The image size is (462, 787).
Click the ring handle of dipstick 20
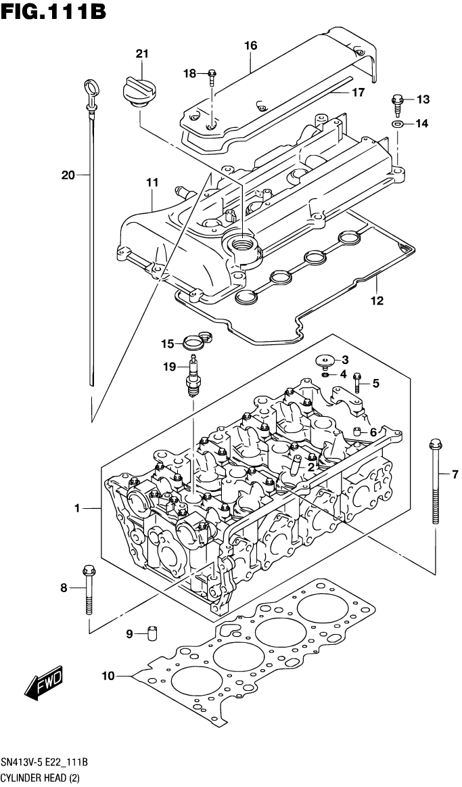pyautogui.click(x=89, y=87)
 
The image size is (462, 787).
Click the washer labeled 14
pyautogui.click(x=398, y=124)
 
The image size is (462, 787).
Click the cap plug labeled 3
pyautogui.click(x=327, y=361)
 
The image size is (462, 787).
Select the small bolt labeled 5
pyautogui.click(x=358, y=384)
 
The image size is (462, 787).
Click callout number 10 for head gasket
pyautogui.click(x=108, y=675)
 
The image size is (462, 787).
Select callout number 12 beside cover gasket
pyautogui.click(x=377, y=300)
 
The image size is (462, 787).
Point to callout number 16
pyautogui.click(x=250, y=46)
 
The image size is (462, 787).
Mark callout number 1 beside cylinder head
pyautogui.click(x=78, y=508)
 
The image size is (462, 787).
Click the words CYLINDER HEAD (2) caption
pyautogui.click(x=41, y=779)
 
